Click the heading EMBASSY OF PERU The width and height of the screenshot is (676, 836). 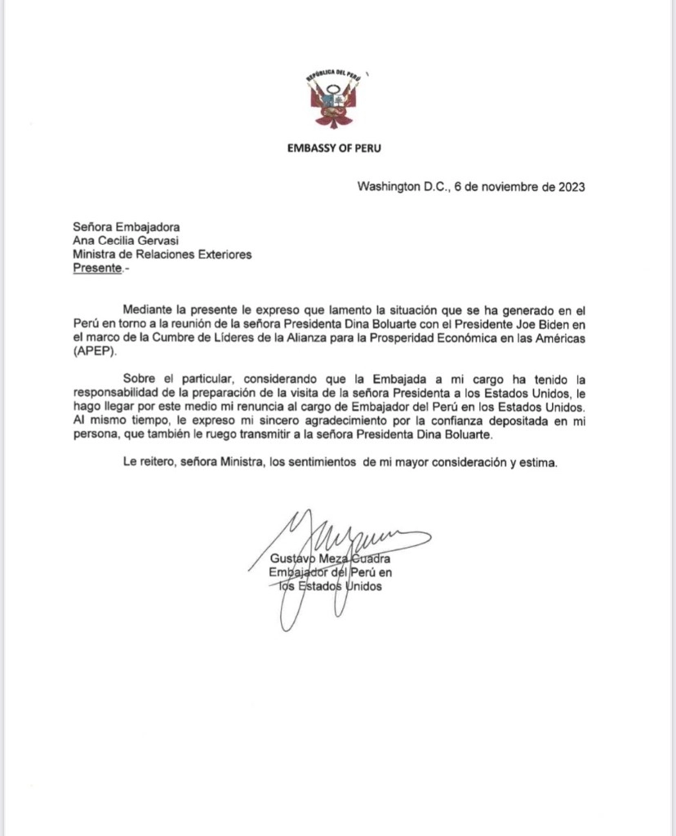(333, 149)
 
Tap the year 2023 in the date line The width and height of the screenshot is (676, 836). (570, 186)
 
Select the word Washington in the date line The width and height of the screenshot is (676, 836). (387, 186)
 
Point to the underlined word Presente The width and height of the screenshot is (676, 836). (96, 267)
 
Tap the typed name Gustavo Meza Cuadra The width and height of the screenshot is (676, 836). (330, 559)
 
